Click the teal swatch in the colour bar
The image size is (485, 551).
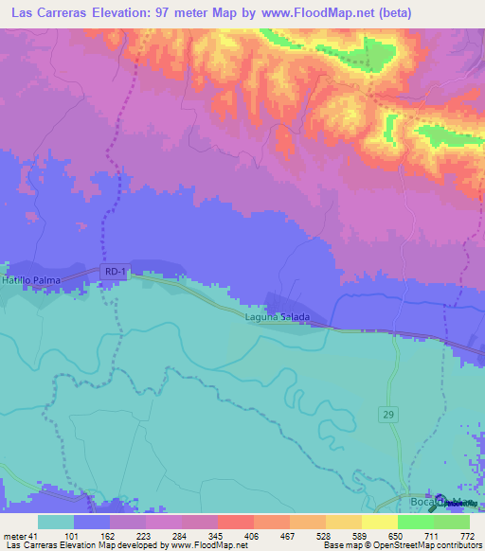point(55,522)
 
